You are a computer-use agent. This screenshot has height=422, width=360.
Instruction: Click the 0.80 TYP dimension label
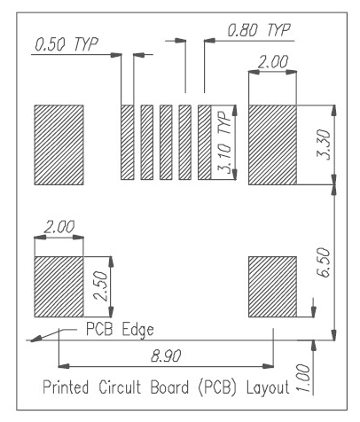pyautogui.click(x=259, y=30)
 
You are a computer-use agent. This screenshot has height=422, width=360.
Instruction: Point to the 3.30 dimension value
pyautogui.click(x=324, y=145)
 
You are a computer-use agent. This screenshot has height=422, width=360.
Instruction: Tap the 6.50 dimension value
pyautogui.click(x=324, y=264)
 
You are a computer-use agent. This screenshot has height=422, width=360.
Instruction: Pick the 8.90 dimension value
pyautogui.click(x=166, y=356)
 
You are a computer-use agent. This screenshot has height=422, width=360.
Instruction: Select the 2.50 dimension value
pyautogui.click(x=100, y=288)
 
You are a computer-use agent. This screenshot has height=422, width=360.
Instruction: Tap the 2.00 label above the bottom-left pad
pyautogui.click(x=59, y=227)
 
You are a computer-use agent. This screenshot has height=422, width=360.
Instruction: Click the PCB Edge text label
pyautogui.click(x=120, y=330)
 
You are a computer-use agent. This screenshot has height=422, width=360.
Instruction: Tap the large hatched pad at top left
pyautogui.click(x=58, y=145)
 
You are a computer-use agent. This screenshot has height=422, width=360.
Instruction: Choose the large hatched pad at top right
pyautogui.click(x=276, y=145)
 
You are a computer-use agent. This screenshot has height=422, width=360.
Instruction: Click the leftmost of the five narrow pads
pyautogui.click(x=127, y=142)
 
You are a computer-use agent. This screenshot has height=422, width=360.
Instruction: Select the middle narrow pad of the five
pyautogui.click(x=166, y=142)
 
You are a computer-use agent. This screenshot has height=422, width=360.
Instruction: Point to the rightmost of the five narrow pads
pyautogui.click(x=205, y=142)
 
